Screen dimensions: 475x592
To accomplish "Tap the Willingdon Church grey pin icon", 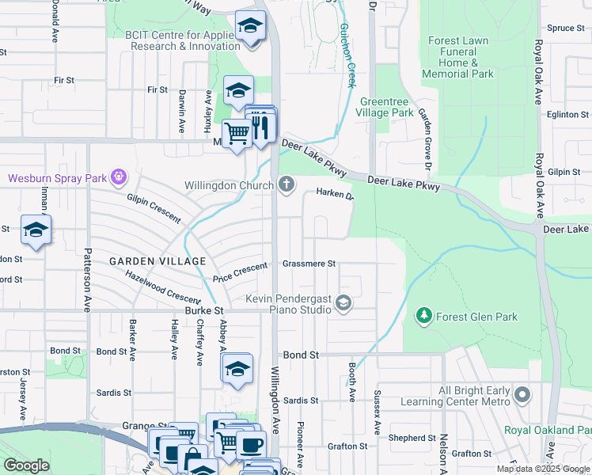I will [x=287, y=185].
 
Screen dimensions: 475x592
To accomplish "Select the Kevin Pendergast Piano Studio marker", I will [x=343, y=302].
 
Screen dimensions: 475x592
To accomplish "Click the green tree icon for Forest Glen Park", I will [x=424, y=317].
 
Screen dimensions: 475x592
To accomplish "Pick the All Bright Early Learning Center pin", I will [x=522, y=394].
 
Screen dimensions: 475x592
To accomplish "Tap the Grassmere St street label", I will [x=309, y=264].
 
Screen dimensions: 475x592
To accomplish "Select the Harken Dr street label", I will [x=334, y=192].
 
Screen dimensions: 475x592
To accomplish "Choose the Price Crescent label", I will [x=241, y=273].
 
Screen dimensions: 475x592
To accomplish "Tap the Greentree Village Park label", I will [x=386, y=107].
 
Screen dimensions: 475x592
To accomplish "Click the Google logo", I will [x=27, y=465].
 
